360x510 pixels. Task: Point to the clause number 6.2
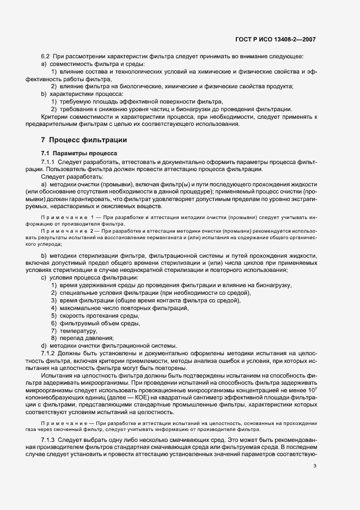coord(46,57)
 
